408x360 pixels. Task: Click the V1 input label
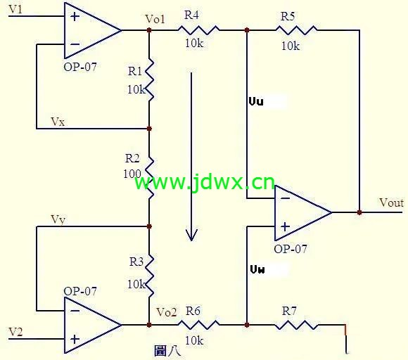click(15, 9)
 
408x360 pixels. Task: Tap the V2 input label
click(15, 332)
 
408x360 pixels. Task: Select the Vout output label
click(391, 202)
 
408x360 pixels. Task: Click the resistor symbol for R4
click(198, 30)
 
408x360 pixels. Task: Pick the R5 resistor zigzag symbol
click(296, 30)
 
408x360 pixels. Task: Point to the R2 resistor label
click(132, 158)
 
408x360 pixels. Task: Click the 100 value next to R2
click(132, 174)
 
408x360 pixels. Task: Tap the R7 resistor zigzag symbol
click(296, 325)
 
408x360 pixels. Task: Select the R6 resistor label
click(193, 311)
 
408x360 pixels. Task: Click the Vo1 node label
click(155, 19)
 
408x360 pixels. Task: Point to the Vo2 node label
click(167, 312)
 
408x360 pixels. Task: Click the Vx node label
click(58, 122)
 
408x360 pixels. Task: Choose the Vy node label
click(58, 219)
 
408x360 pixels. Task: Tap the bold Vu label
click(256, 101)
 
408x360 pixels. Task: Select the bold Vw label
click(257, 269)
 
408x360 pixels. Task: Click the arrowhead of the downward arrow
click(191, 236)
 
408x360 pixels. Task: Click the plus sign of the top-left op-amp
click(75, 17)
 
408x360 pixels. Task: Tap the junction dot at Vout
click(359, 212)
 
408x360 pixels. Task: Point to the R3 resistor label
click(136, 262)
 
